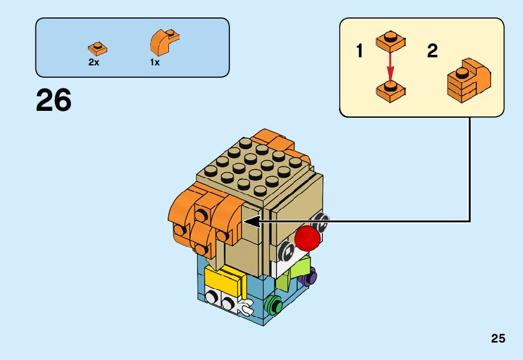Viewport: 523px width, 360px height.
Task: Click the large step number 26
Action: click(54, 100)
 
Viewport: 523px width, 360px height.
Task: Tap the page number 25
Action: click(497, 339)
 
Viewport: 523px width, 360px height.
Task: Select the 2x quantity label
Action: click(94, 62)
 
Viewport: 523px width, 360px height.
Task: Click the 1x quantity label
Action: click(155, 62)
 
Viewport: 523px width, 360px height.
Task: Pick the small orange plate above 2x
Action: click(97, 47)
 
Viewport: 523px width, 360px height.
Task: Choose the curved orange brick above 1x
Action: click(165, 42)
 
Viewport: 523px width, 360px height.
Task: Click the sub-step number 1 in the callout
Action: click(359, 51)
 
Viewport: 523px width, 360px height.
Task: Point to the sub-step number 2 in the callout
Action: click(432, 51)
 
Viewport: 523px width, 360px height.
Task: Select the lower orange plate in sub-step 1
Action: click(391, 90)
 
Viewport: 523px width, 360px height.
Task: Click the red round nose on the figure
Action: click(307, 238)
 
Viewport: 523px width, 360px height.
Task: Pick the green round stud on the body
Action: click(272, 305)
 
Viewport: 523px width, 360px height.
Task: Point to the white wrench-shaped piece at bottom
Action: click(244, 306)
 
